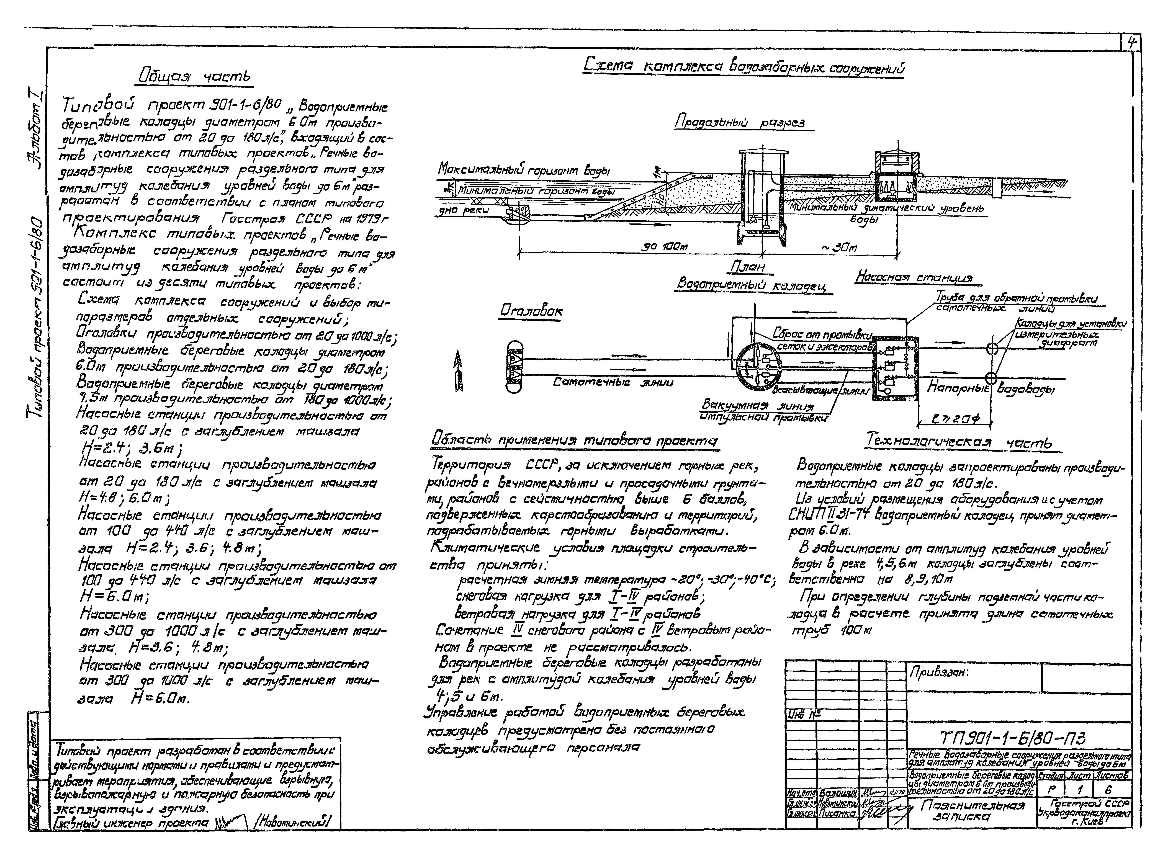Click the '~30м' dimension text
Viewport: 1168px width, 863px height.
point(838,247)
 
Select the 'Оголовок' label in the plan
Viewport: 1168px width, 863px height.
point(531,311)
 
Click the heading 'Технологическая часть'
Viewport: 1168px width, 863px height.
point(959,442)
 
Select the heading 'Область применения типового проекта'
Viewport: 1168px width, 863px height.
point(575,441)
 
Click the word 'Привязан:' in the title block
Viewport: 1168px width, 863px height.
point(939,673)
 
